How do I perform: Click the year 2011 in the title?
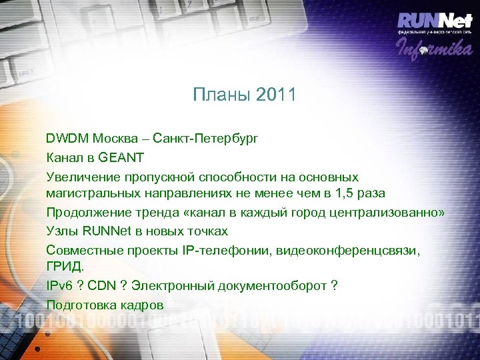point(275,95)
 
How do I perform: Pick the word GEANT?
point(121,158)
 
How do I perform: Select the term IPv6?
point(59,285)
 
